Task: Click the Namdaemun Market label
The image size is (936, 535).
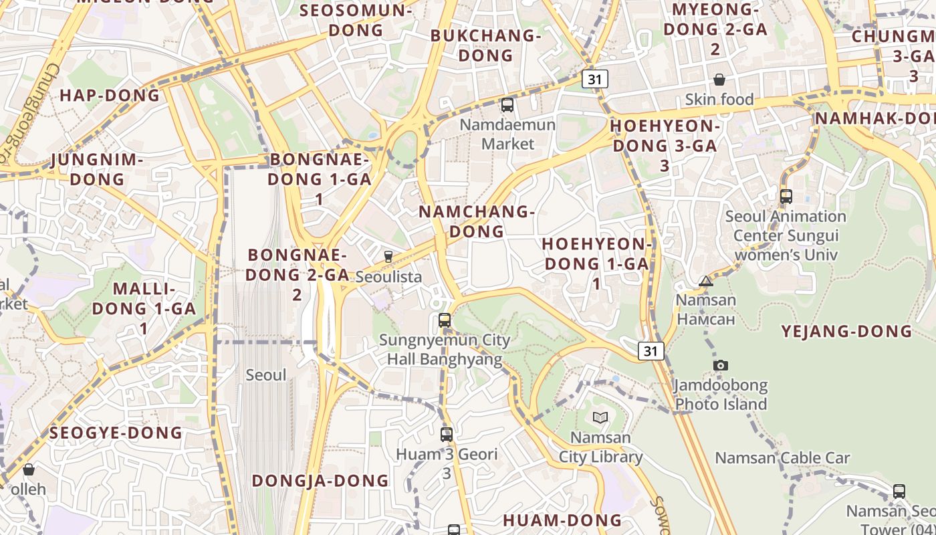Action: [x=508, y=134]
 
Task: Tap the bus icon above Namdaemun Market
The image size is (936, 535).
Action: [x=507, y=105]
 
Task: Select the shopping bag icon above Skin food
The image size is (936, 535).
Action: [x=719, y=80]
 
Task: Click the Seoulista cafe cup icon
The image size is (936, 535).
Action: [x=388, y=257]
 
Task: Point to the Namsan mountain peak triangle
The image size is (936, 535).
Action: [x=706, y=282]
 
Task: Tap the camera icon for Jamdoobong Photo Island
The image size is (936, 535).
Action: [x=720, y=365]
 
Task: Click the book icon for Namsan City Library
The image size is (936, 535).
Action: [x=600, y=418]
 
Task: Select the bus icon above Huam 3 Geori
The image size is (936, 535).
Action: [x=447, y=435]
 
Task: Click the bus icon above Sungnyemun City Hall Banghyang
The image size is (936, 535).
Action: [x=445, y=320]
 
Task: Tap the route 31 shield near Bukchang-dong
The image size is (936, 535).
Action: [x=595, y=79]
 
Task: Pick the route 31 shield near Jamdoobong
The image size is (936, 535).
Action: [x=651, y=350]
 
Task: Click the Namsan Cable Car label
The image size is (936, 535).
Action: [x=782, y=458]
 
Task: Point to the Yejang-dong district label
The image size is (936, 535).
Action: [x=846, y=331]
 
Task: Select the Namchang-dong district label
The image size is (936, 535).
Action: [x=477, y=221]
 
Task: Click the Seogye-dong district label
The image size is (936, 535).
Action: [x=116, y=433]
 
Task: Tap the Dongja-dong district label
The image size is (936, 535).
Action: [x=320, y=480]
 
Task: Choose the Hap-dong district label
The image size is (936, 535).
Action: [x=110, y=95]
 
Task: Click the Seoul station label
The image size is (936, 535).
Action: [x=266, y=375]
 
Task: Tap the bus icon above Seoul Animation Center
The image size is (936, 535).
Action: [x=786, y=197]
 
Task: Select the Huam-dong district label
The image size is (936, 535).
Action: [x=562, y=520]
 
